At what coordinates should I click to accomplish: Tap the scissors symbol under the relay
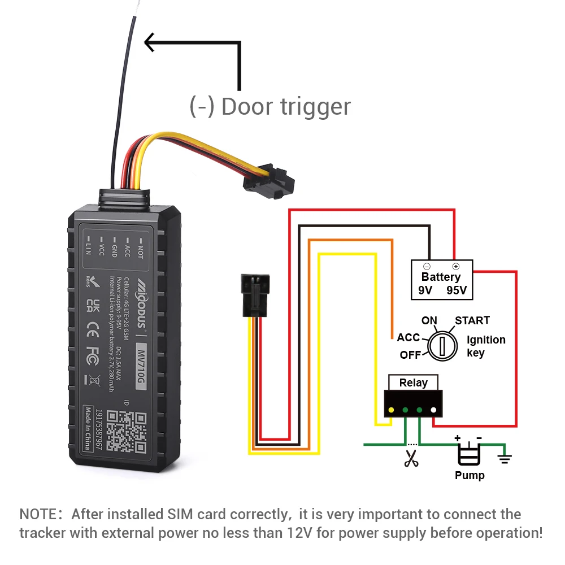click(411, 457)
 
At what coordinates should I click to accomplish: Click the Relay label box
click(413, 383)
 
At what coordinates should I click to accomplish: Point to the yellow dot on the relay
click(391, 410)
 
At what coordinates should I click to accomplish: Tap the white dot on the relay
click(433, 410)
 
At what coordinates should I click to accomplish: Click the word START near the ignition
click(472, 320)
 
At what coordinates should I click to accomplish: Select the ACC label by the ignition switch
click(408, 337)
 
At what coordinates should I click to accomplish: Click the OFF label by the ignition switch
click(410, 355)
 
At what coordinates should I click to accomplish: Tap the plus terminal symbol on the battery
click(455, 266)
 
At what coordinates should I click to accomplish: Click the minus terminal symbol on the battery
click(427, 266)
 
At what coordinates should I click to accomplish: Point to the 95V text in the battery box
click(457, 290)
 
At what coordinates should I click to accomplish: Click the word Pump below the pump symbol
click(470, 475)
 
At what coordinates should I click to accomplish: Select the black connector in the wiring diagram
click(253, 295)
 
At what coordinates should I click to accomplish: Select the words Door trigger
click(286, 106)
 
